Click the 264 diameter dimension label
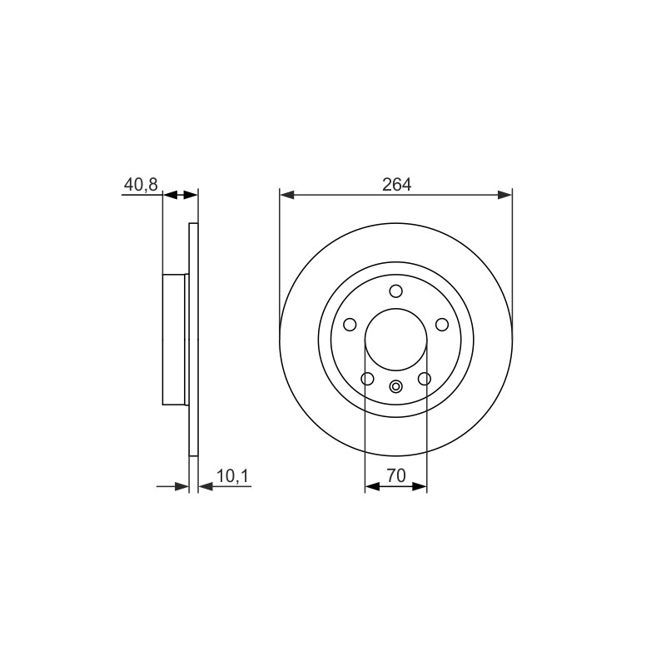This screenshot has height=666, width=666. point(397,184)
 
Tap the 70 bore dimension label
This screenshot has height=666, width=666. point(396,475)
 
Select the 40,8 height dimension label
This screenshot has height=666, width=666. point(141,185)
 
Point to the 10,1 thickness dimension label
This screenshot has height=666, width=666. point(233,476)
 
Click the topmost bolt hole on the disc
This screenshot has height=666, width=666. point(396,291)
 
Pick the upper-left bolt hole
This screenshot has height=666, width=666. point(350,325)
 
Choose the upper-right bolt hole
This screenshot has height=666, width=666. point(442,325)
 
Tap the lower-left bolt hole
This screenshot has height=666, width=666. point(367,379)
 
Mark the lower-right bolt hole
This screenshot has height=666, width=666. point(425,379)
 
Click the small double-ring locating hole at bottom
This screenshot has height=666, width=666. point(396,386)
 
